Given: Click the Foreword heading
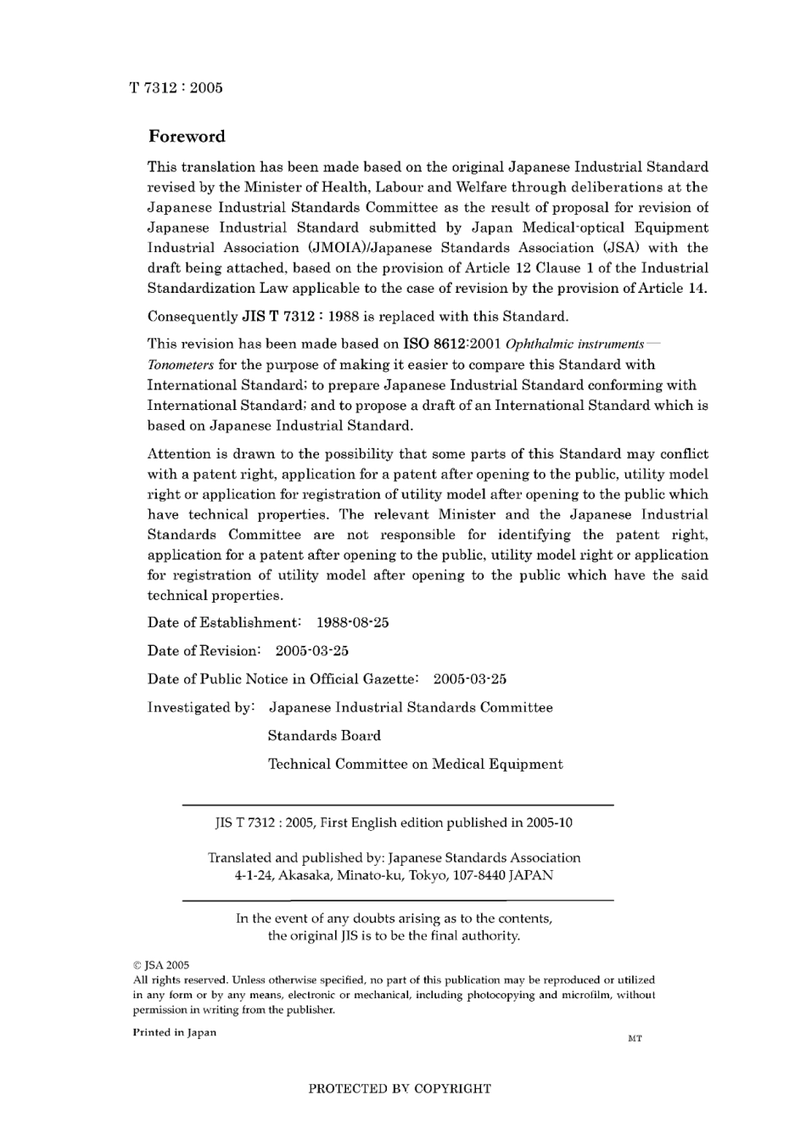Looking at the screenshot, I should (x=187, y=137).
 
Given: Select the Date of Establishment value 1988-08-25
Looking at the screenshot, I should (x=352, y=623).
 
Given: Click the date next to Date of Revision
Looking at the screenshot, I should (x=311, y=651).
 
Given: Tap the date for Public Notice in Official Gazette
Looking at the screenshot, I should (x=469, y=679).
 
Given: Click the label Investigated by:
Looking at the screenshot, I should (x=201, y=708).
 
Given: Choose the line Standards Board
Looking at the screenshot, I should (x=324, y=736).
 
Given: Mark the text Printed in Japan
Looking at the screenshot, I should (x=174, y=1033).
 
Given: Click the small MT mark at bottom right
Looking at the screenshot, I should (x=635, y=1039).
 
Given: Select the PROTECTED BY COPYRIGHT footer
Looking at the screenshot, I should (x=399, y=1088).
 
